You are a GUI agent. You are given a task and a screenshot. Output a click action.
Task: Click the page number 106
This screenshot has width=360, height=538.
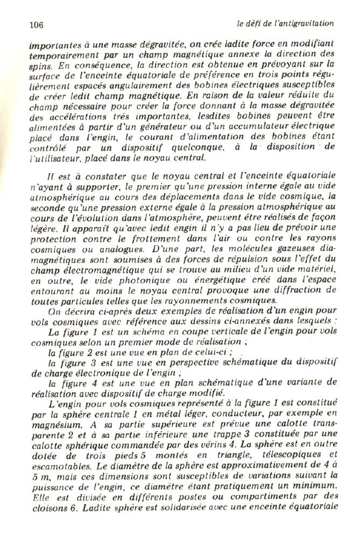click(x=36, y=25)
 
